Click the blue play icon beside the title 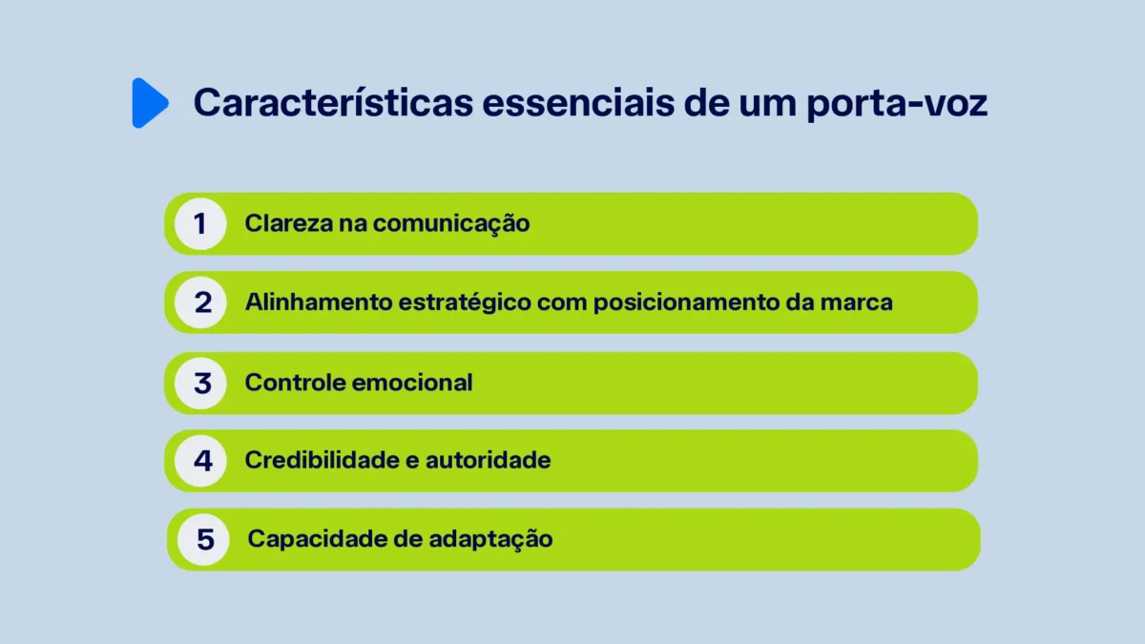click(149, 103)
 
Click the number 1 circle click(200, 224)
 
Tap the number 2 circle click(202, 302)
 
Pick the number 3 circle click(202, 383)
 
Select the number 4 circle click(202, 461)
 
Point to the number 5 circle click(205, 539)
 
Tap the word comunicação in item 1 click(451, 224)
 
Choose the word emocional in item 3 click(412, 383)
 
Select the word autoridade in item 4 click(488, 461)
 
